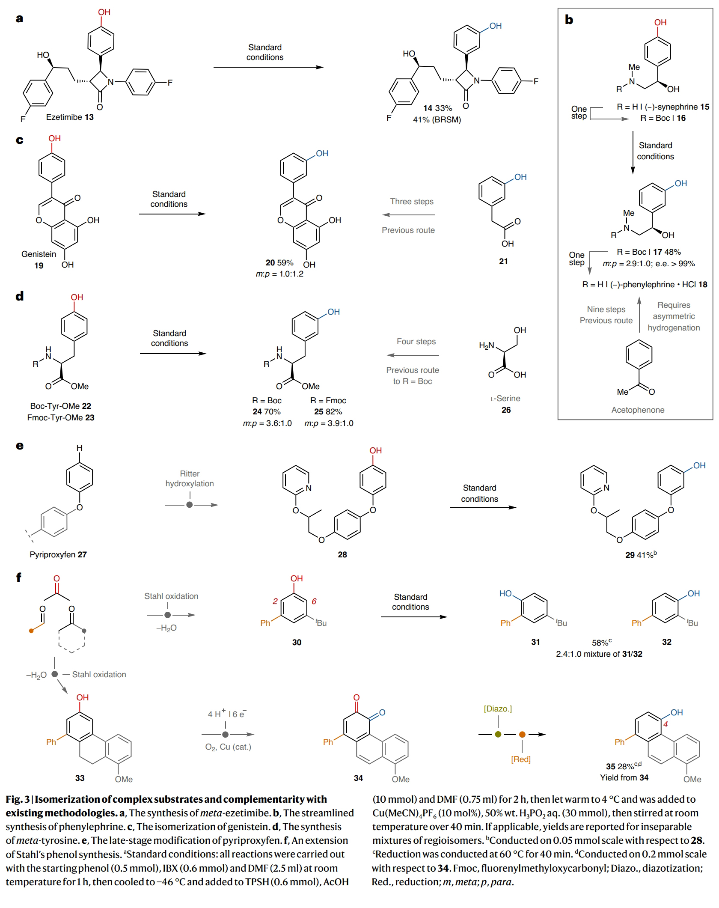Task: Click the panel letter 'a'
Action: (19, 19)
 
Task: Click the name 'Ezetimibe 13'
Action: (70, 117)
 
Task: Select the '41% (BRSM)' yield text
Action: (437, 120)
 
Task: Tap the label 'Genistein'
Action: (39, 254)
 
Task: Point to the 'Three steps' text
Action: (412, 202)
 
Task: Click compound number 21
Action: (503, 261)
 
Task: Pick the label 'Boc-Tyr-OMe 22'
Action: (60, 406)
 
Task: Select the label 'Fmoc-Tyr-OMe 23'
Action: (60, 417)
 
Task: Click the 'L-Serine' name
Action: (505, 399)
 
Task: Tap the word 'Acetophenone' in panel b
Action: (638, 410)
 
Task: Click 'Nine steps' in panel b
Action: (606, 309)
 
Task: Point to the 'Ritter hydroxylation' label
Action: (190, 479)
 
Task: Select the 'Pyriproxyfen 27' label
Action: (58, 554)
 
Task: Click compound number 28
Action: (342, 554)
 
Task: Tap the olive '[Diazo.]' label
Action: (498, 709)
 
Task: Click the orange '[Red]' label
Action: (521, 759)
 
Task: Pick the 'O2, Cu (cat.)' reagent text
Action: (228, 747)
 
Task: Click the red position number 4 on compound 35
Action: (666, 724)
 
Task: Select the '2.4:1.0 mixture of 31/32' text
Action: (599, 654)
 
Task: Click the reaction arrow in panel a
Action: (268, 67)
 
